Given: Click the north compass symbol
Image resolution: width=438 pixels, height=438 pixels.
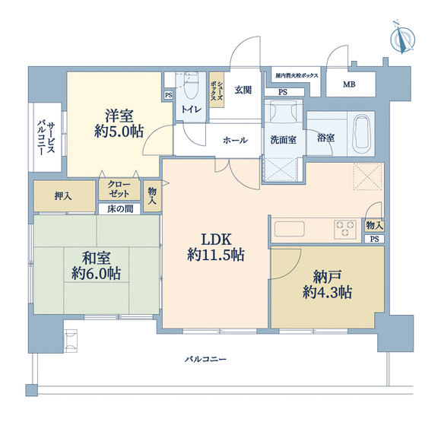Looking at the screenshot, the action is pos(402,38).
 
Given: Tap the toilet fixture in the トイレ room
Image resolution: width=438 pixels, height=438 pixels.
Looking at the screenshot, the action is pos(191,85).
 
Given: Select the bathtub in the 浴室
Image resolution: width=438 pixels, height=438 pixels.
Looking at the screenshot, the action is pos(361,134).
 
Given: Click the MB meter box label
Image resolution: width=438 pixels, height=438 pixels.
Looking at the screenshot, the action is pos(349,84).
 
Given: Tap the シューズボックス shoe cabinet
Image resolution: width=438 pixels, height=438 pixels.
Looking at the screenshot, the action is pos(217,90).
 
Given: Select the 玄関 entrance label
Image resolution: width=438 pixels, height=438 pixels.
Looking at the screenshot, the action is pos(243,90).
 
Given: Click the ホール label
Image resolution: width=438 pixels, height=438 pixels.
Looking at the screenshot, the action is pos(235,140).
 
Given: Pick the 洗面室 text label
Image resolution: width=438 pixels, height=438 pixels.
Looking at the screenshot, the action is pos(283,140).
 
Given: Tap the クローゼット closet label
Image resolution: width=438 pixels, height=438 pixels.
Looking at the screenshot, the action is pos(119,189).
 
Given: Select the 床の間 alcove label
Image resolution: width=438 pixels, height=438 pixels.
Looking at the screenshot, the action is pos(119,209).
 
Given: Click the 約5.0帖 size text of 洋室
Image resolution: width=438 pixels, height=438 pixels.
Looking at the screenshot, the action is pos(119,132).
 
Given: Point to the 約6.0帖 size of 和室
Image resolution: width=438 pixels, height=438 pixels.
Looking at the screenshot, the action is pos(96,274).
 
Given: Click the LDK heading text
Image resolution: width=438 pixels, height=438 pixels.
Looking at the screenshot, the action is pos(217,240).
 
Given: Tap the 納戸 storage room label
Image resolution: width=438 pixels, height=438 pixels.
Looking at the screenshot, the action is pos(327,277).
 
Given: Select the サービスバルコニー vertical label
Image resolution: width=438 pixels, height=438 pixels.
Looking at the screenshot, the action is pos(46,138).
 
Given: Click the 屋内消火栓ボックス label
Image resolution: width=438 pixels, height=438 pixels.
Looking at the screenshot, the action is pos(297,75).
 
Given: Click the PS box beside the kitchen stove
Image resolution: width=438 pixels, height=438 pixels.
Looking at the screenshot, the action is pos(374,239).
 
